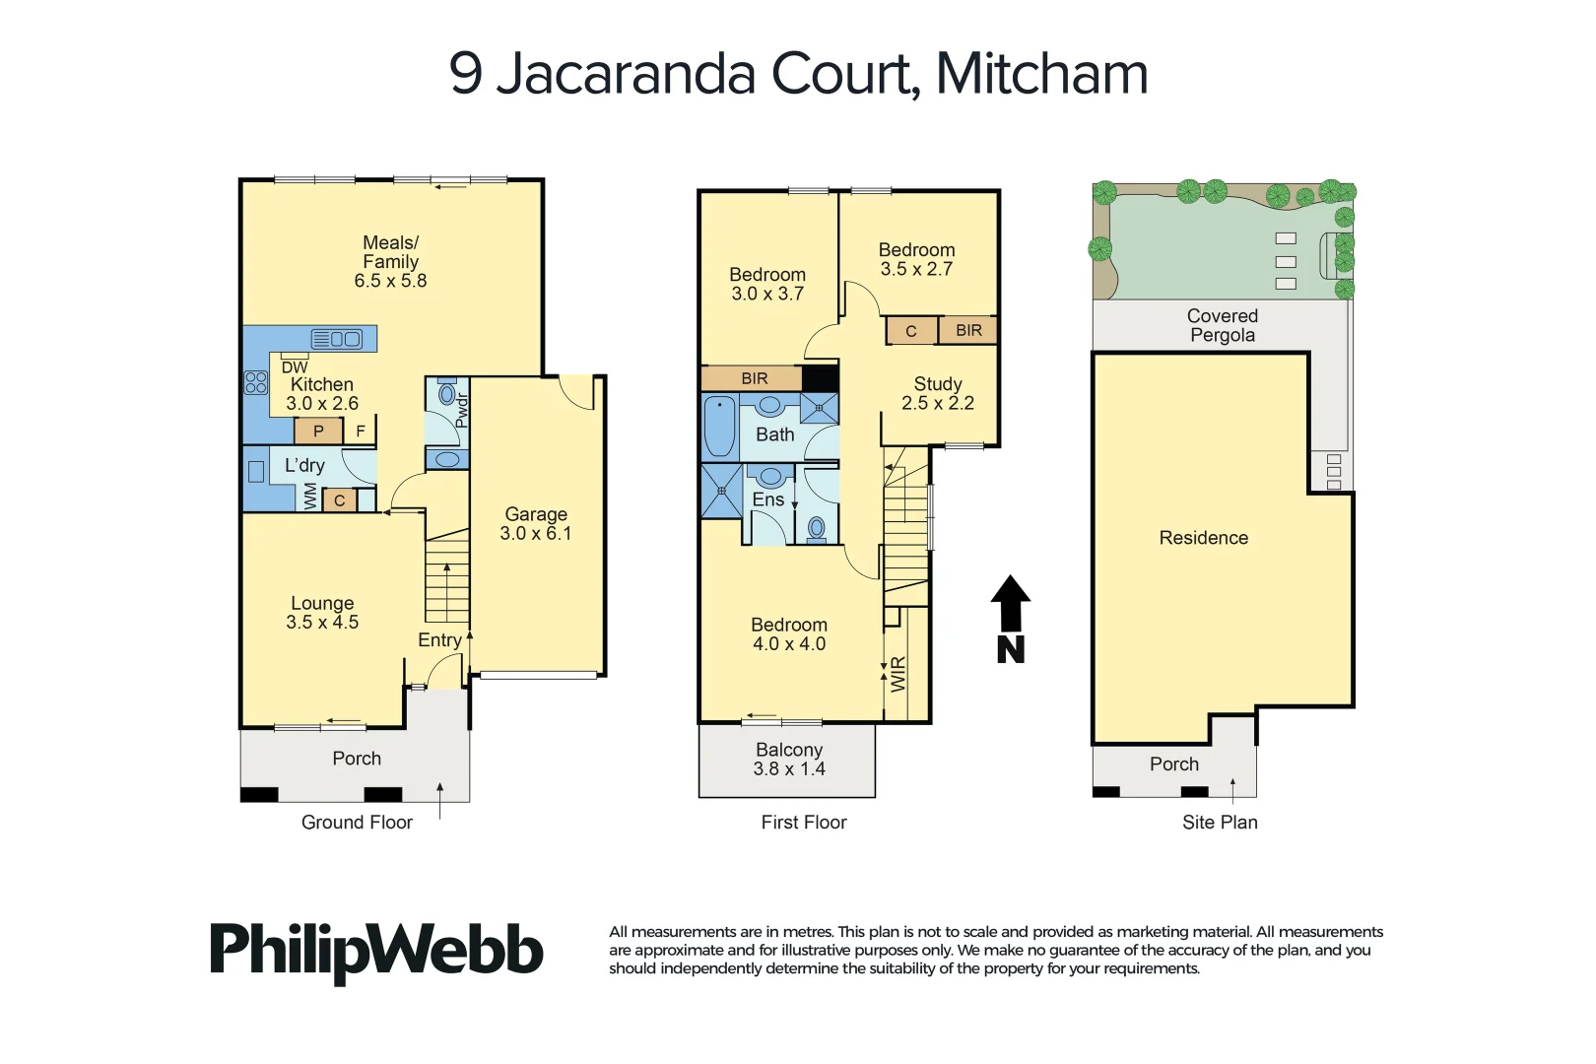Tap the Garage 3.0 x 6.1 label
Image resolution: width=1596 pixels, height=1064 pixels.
coord(535,524)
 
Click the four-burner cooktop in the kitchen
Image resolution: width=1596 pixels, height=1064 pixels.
coord(256,382)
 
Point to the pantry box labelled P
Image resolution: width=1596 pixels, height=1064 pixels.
coord(318,431)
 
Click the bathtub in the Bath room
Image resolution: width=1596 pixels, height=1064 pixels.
coord(719,426)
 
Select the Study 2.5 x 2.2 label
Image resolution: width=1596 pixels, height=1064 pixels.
coord(937,393)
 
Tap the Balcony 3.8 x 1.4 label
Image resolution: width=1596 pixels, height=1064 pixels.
coord(788,760)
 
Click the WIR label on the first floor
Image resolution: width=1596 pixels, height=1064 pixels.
coord(898,675)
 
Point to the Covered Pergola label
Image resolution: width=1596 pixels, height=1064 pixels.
coord(1222,325)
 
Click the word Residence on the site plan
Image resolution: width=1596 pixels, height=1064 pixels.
coord(1203,538)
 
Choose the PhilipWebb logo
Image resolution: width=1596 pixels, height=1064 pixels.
coord(376,951)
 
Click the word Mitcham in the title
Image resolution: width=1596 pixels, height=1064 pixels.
coord(1041,74)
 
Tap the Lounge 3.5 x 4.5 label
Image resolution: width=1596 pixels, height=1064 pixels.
coord(322,613)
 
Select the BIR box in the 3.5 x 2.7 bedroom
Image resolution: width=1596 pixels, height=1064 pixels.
coord(968,330)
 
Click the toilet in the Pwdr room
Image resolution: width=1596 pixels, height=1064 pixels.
coord(446,394)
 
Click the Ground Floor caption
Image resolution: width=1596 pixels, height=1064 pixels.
coord(357,823)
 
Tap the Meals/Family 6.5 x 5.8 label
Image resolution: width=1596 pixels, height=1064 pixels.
coord(390,262)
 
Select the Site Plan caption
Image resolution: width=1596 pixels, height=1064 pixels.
coord(1220,823)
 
